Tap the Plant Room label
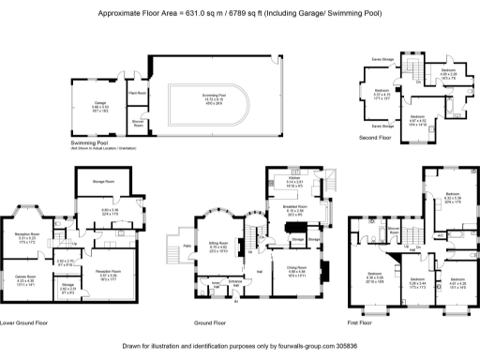point(137,93)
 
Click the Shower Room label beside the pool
point(137,123)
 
